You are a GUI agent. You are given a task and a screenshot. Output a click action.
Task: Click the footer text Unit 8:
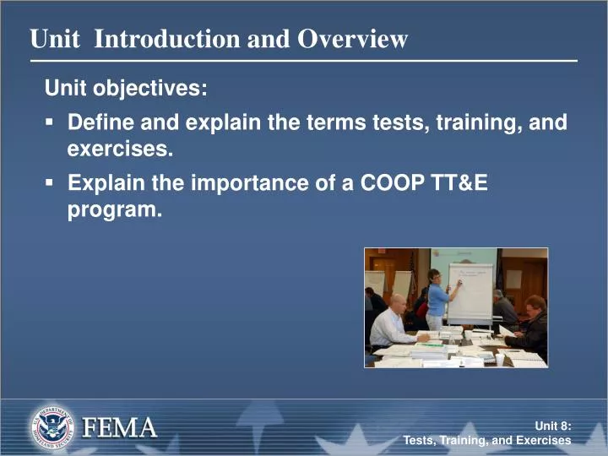(553, 426)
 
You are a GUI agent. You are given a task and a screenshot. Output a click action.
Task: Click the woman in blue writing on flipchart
(437, 300)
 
